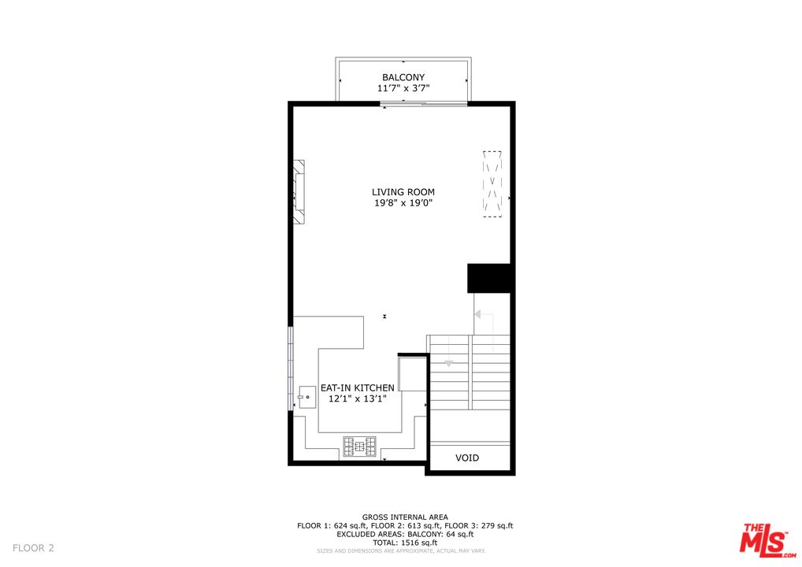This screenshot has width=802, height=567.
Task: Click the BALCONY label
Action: [x=403, y=77]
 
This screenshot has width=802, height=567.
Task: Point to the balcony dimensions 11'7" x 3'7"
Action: [x=403, y=89]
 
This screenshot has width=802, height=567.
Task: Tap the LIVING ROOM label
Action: [x=403, y=192]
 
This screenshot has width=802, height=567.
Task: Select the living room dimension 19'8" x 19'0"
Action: [x=403, y=204]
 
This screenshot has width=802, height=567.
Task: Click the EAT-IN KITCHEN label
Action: [x=357, y=388]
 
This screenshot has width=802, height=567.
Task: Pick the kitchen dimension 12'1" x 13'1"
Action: [x=357, y=399]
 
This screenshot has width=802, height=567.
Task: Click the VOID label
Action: [x=467, y=458]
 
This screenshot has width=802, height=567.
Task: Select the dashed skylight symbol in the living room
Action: [x=492, y=183]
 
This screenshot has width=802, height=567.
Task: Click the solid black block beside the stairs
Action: [x=490, y=278]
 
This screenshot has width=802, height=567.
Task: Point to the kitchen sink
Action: [x=306, y=397]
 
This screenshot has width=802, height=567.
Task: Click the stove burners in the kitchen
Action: [x=359, y=447]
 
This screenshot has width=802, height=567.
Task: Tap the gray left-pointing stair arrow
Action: [x=477, y=314]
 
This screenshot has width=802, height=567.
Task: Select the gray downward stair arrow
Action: [x=449, y=363]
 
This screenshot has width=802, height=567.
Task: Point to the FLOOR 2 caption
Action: [x=33, y=548]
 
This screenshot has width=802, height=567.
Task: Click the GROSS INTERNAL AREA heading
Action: [x=405, y=517]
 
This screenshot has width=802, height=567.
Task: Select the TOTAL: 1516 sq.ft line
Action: [x=405, y=543]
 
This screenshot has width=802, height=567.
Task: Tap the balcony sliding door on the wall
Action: [x=403, y=104]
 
